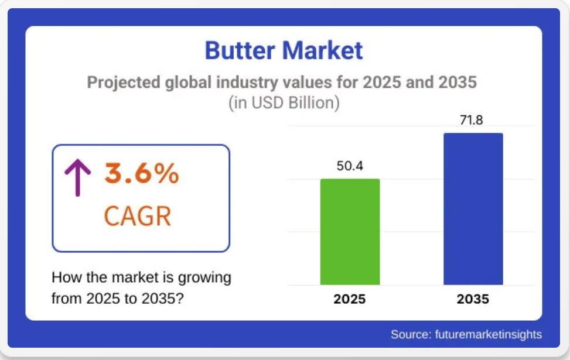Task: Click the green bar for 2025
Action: [350, 232]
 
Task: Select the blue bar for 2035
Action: [473, 209]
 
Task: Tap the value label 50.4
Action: [350, 166]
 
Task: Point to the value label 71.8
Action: [471, 120]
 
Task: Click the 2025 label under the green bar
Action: [350, 299]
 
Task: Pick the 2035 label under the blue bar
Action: [473, 299]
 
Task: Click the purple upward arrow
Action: [77, 177]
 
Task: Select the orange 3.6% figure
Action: [142, 173]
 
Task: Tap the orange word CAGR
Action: [138, 216]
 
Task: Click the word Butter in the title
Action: [240, 50]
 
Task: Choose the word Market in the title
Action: [322, 50]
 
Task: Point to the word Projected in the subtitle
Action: [124, 83]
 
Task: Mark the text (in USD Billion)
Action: [284, 103]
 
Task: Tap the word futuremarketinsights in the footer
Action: [488, 334]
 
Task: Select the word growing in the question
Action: [204, 278]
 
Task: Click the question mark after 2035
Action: [180, 299]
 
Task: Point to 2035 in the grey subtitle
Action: [458, 82]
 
